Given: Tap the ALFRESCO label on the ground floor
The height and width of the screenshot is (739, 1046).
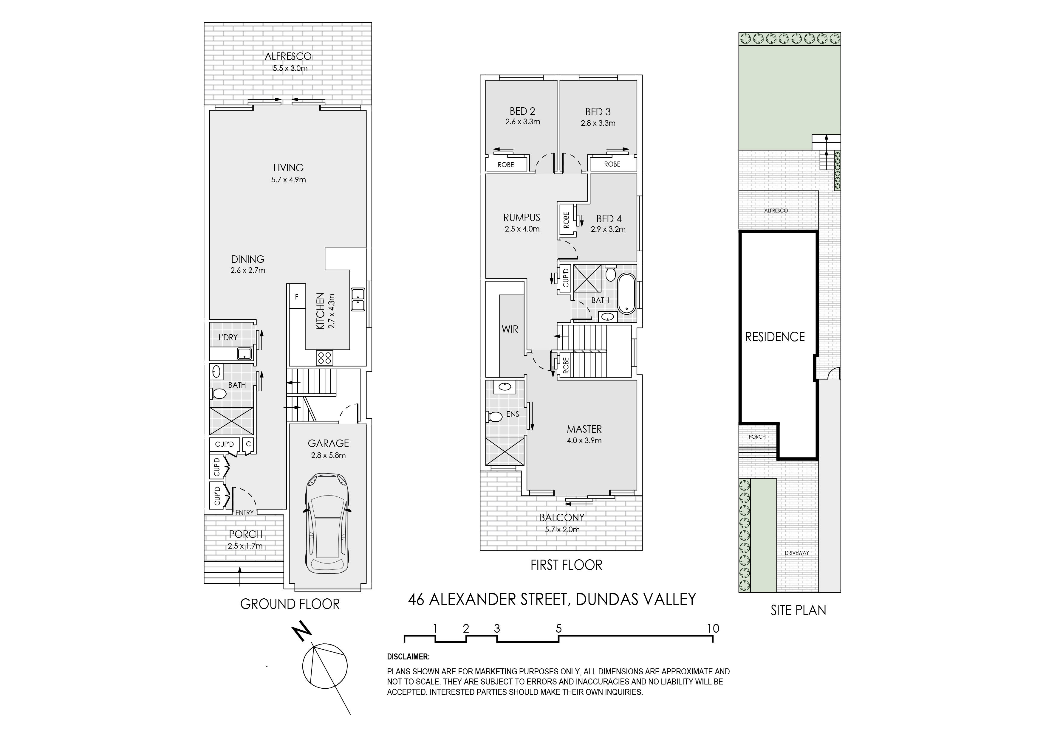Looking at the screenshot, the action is (288, 56).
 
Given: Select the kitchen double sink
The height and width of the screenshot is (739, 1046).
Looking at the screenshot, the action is (358, 299).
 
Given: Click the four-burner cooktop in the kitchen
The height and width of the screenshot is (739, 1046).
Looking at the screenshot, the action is (325, 358).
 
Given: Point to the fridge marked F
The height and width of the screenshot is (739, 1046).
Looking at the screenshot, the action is (297, 297).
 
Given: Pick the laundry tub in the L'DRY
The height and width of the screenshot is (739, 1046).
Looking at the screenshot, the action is (245, 353).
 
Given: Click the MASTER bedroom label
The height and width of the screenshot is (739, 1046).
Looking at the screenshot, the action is (584, 429).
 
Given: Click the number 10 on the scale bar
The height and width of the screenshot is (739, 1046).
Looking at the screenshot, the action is (713, 629).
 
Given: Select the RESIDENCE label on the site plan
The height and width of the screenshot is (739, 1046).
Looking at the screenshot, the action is (775, 337).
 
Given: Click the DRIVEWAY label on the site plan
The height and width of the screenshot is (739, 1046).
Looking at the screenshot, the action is (797, 553).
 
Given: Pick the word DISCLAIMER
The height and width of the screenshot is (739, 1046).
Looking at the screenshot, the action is (408, 657).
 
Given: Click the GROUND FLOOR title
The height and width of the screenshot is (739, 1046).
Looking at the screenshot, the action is (290, 604).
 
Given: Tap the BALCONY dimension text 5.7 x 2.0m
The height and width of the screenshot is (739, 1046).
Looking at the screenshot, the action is (562, 530).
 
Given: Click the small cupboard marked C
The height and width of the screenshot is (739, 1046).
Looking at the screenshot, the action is (248, 444).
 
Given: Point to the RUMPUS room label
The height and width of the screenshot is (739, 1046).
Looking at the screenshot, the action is (522, 218).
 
